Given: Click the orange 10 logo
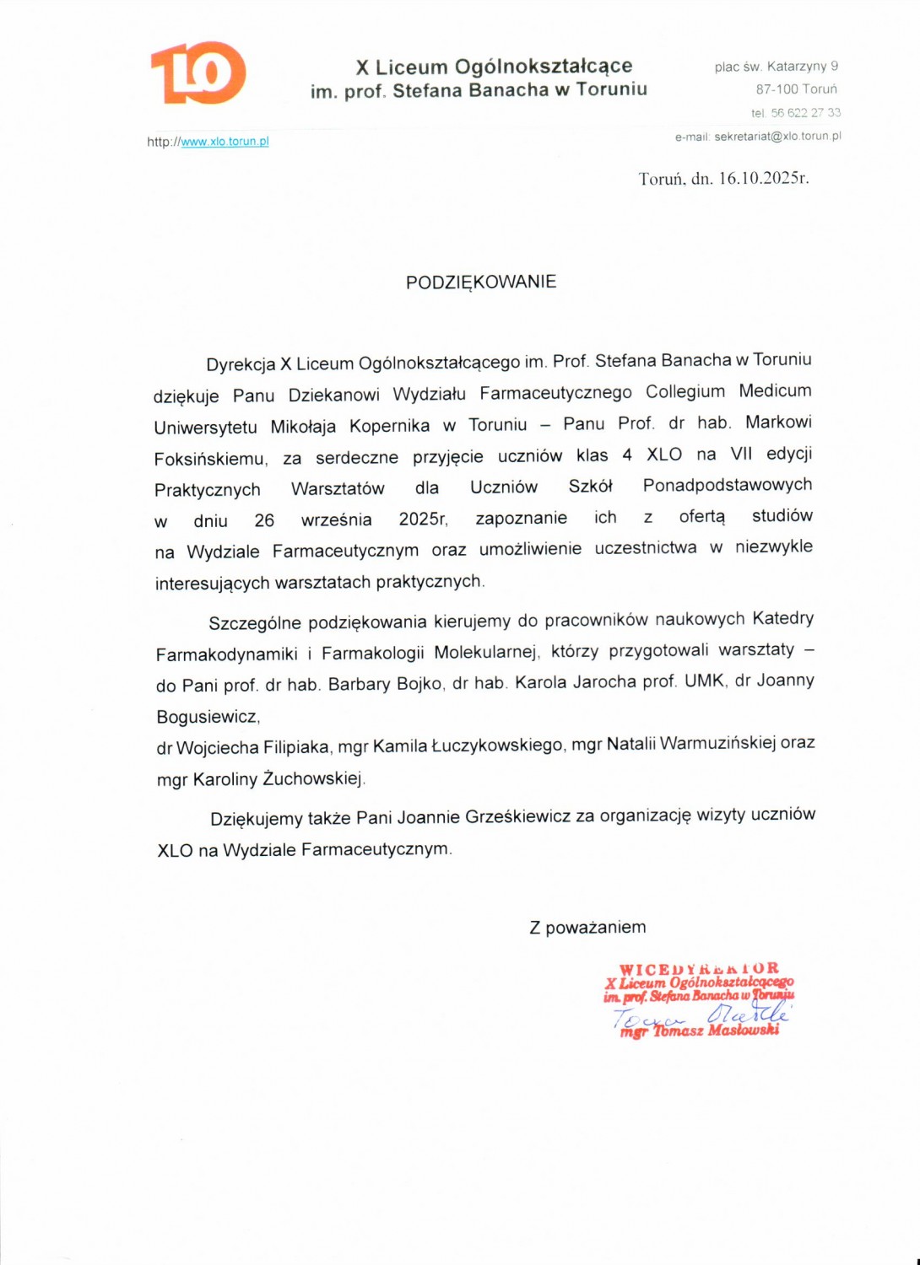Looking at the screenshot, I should click(198, 73).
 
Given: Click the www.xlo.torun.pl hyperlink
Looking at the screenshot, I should click(225, 142).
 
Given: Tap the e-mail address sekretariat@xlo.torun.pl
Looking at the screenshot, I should click(777, 136).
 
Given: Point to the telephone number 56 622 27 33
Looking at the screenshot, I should click(805, 112).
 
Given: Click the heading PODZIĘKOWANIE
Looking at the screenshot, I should click(481, 283).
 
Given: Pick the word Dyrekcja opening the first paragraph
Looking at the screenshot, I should click(241, 364).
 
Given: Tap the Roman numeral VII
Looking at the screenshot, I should click(741, 454).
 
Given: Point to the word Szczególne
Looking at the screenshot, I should click(254, 623).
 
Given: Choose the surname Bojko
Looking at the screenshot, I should click(419, 683).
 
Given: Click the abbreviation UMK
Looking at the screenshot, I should click(704, 681).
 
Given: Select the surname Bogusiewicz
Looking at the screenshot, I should click(208, 717).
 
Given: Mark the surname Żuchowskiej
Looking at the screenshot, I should click(313, 778).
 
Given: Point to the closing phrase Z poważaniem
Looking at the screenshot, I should click(587, 928).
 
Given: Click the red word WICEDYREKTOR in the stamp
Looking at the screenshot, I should click(699, 969).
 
